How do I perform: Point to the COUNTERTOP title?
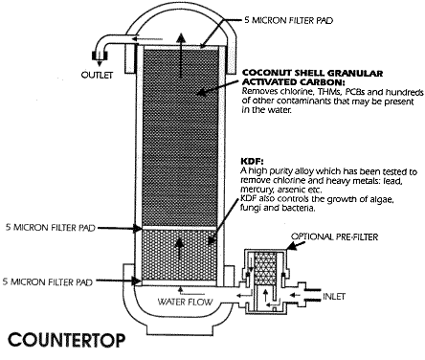[x=61, y=340]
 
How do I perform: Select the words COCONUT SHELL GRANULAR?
[x=299, y=72]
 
